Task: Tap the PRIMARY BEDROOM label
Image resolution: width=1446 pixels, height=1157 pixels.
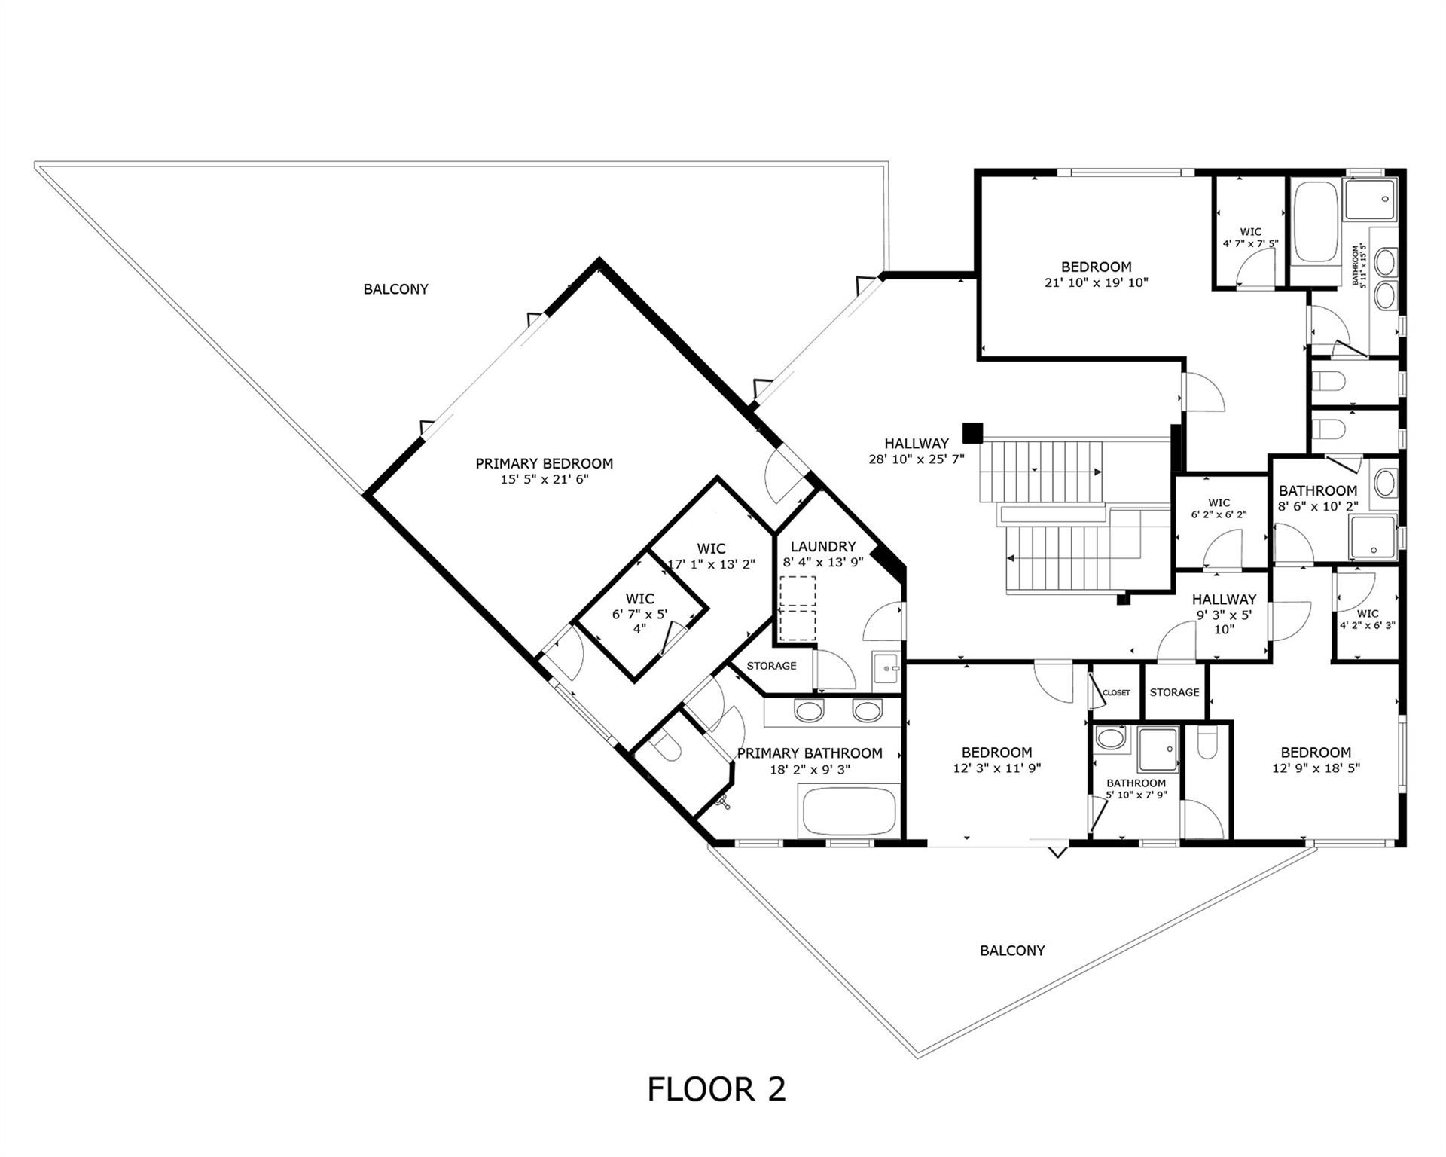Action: pyautogui.click(x=544, y=463)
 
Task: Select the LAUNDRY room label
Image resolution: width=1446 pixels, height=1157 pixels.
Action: pyautogui.click(x=823, y=546)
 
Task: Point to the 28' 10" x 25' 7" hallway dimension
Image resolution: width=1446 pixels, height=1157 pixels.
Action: pyautogui.click(x=916, y=459)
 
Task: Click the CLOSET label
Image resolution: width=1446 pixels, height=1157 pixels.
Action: pyautogui.click(x=1116, y=692)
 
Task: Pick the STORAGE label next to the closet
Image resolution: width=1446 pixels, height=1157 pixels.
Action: pyautogui.click(x=1174, y=691)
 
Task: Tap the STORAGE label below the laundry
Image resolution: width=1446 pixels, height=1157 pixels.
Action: pyautogui.click(x=771, y=666)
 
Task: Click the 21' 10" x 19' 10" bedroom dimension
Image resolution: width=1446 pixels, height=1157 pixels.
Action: pyautogui.click(x=1096, y=282)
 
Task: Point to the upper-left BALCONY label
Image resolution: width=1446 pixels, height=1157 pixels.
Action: pyautogui.click(x=395, y=288)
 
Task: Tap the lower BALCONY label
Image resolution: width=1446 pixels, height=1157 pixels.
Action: pyautogui.click(x=1011, y=950)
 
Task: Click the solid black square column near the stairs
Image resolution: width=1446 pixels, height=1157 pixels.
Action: pyautogui.click(x=972, y=432)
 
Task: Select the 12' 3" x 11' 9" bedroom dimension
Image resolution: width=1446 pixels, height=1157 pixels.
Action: pyautogui.click(x=996, y=768)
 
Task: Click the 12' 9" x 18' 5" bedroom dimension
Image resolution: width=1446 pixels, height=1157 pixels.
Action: pyautogui.click(x=1316, y=768)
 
